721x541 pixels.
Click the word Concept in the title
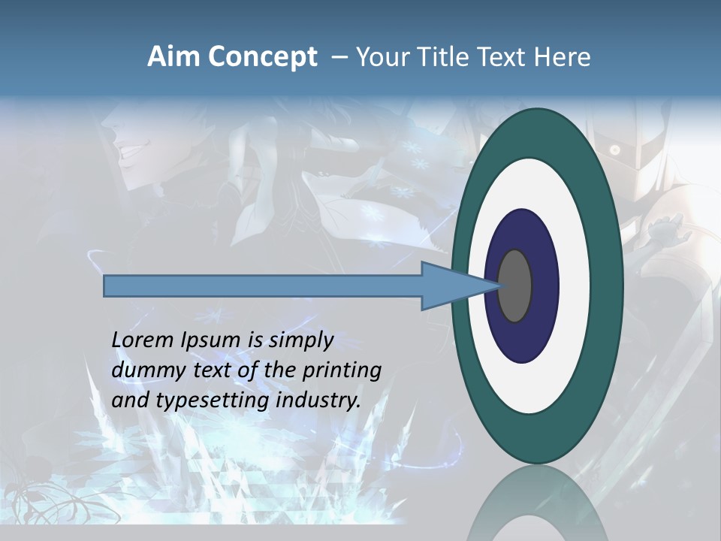pos(262,58)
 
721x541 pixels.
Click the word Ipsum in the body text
pos(211,340)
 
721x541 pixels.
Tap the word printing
pos(342,370)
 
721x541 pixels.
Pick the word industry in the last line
pos(318,400)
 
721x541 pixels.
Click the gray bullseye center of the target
pos(514,286)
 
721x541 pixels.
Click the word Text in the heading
pos(505,57)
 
